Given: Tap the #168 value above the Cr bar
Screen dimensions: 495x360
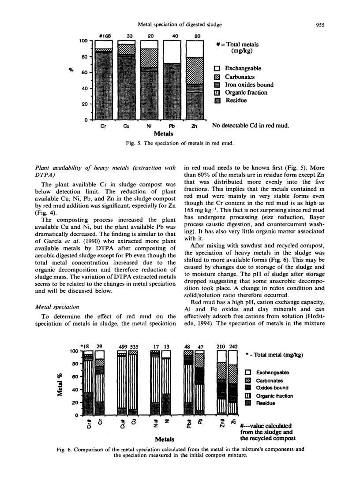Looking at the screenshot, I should [104, 36].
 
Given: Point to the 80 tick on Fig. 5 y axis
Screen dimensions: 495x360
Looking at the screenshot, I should [84, 56].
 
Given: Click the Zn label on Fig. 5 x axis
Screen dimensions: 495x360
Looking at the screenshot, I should [194, 126].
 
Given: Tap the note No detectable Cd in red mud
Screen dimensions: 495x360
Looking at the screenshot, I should [250, 126].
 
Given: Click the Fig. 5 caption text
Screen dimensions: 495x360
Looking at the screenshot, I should [180, 143].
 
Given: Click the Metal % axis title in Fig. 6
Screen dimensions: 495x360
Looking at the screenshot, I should [60, 384].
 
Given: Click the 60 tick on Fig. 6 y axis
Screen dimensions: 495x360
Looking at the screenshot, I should [75, 377].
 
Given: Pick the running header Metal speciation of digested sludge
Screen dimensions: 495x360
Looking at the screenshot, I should [180, 25].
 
